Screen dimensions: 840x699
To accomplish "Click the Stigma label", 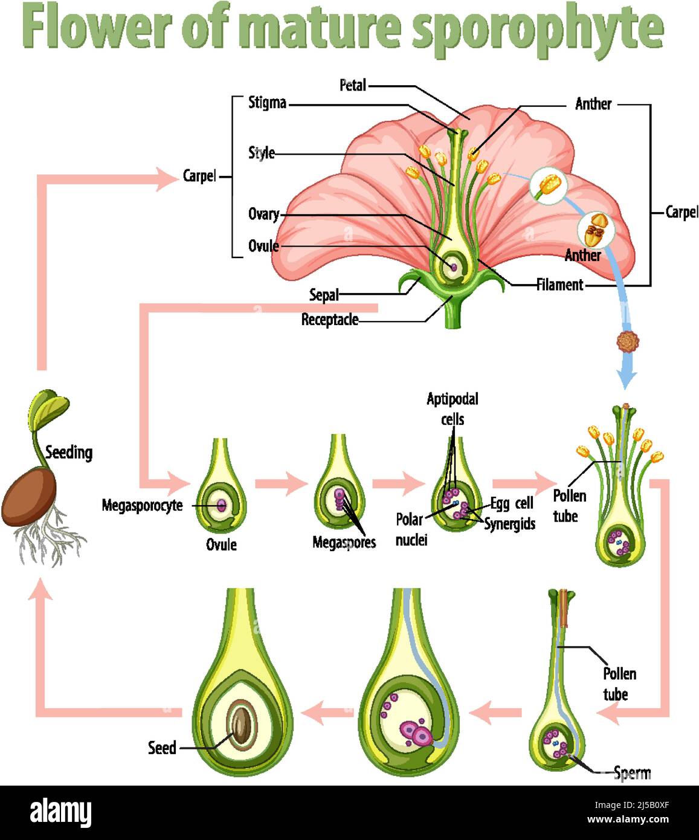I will (x=267, y=103).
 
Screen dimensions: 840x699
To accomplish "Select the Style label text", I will (x=262, y=153).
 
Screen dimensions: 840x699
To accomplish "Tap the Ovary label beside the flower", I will (x=263, y=214).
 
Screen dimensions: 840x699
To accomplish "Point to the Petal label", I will (x=352, y=85).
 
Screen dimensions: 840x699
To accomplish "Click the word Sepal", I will (x=324, y=295).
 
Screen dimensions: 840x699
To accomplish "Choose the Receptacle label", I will (x=329, y=320).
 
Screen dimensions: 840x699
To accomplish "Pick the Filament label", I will (x=559, y=285).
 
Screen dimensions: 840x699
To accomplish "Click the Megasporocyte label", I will (x=142, y=505).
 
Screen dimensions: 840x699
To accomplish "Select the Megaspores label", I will (x=344, y=542).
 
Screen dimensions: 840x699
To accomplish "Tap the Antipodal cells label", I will (x=452, y=409).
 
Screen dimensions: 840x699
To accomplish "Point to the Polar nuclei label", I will (x=410, y=529).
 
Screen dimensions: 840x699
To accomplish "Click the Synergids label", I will (x=510, y=524).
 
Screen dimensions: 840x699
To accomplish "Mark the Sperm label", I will (x=632, y=772).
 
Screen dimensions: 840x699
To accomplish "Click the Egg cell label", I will (x=511, y=503).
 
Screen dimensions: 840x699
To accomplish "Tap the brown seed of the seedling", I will (x=28, y=498).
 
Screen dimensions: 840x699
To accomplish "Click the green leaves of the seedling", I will (x=47, y=408).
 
